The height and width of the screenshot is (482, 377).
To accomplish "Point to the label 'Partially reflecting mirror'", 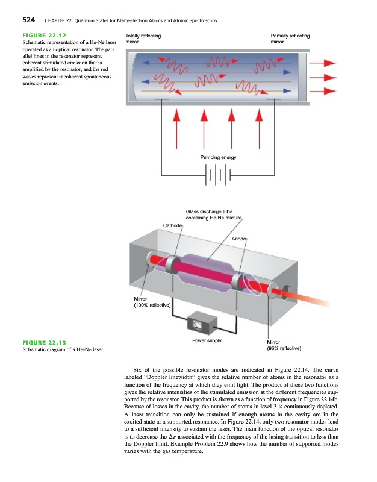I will coord(290,40).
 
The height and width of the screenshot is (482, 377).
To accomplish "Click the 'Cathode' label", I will coord(173,225).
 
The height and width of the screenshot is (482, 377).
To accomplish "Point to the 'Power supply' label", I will coord(207,340).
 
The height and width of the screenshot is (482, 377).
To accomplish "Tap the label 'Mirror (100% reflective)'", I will coord(152,302).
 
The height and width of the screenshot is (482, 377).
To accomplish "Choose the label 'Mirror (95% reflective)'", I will coord(284,345).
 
